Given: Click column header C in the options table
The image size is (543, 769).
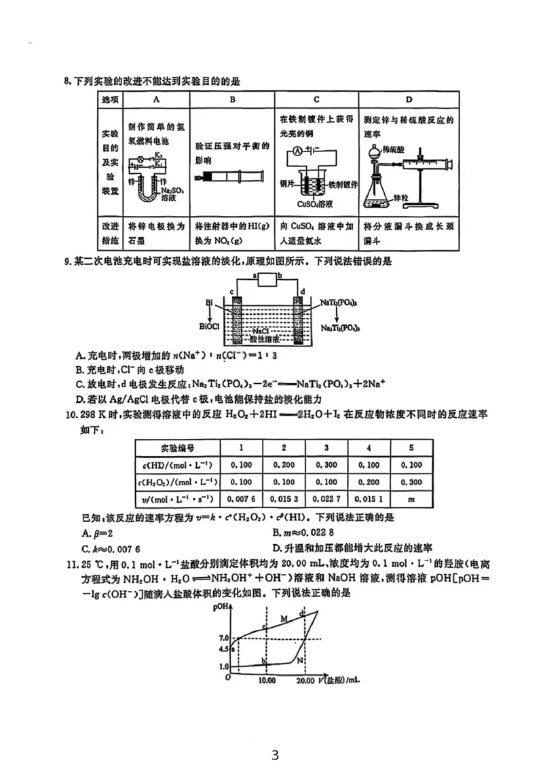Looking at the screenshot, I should click(316, 99).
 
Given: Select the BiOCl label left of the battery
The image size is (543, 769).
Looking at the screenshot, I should click(209, 326).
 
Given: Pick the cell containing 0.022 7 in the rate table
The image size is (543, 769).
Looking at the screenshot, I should click(326, 499).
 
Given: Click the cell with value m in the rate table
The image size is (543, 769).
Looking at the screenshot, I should click(409, 499).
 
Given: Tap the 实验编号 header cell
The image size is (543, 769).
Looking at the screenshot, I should click(177, 448).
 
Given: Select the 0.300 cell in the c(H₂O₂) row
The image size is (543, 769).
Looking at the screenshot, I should click(409, 482).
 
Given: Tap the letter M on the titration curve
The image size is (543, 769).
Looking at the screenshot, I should click(285, 619).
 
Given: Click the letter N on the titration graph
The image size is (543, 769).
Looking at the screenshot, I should click(299, 660).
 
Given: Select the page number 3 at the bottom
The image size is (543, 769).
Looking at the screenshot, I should click(275, 755).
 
